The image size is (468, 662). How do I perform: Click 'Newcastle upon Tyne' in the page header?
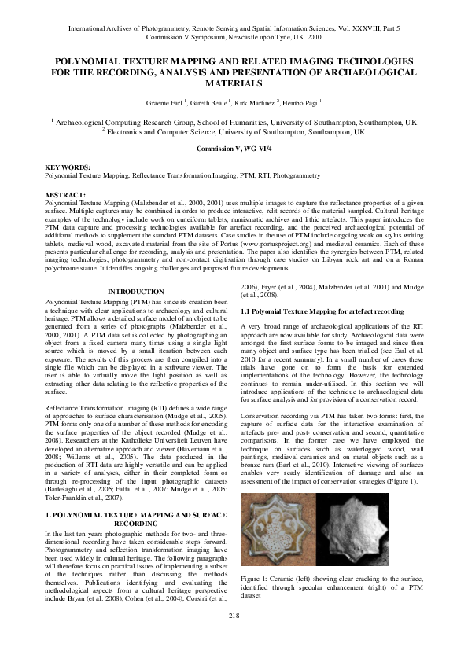[275, 35]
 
